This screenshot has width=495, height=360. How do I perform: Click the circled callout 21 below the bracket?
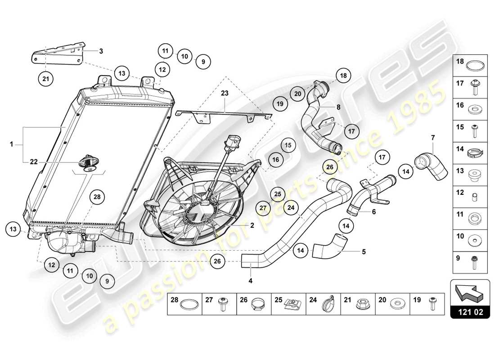point(45,79)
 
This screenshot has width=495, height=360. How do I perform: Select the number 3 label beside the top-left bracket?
point(101,51)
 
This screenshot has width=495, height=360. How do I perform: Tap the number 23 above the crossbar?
point(225,94)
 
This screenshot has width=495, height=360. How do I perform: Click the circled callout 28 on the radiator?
point(97,196)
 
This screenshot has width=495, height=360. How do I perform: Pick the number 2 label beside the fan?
point(252,226)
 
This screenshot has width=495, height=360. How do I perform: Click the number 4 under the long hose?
point(250,281)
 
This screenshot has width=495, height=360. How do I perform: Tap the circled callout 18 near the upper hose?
point(343,76)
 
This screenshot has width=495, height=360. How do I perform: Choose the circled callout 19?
point(280,104)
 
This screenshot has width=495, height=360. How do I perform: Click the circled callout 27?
point(264,208)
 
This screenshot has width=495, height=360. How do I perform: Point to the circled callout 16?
point(275,159)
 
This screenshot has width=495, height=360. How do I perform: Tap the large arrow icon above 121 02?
point(470,292)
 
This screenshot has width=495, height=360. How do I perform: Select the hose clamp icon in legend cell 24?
point(327,305)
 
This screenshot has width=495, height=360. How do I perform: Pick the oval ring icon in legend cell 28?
point(189,305)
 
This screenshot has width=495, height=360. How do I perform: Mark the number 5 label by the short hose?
point(364,252)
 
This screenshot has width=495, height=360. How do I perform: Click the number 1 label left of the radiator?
point(12,144)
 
